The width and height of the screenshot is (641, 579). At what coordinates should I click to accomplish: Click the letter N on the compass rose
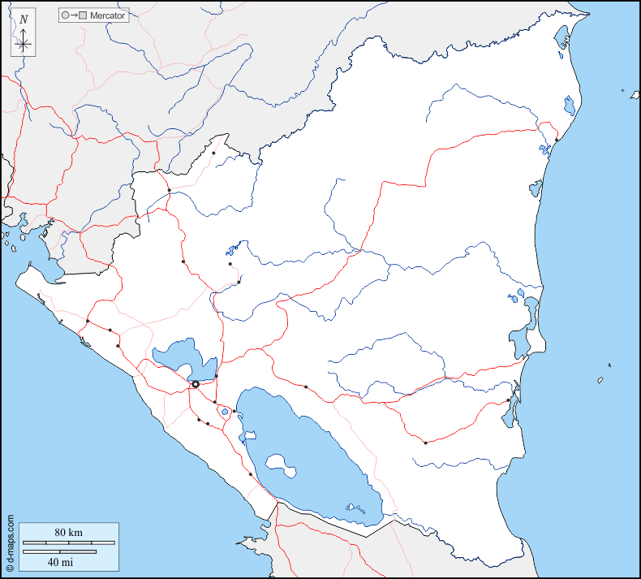24,19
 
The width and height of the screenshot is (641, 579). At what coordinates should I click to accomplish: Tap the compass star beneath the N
24,43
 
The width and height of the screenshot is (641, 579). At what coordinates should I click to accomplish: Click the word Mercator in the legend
109,15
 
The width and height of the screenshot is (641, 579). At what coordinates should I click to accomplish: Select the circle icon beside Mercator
65,15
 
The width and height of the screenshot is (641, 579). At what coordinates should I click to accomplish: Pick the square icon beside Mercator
83,15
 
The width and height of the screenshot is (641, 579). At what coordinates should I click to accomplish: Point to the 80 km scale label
68,532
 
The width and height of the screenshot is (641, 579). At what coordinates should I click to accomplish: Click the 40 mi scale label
59,561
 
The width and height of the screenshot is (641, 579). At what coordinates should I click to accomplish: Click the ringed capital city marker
195,384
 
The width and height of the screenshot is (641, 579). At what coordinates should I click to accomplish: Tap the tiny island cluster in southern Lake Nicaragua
355,509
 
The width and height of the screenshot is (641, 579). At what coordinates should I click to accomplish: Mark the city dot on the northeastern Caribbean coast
557,140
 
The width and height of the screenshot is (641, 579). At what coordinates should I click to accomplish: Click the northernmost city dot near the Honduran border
213,153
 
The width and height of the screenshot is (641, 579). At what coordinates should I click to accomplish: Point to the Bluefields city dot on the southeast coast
509,400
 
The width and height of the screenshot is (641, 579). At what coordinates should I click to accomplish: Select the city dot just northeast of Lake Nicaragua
306,387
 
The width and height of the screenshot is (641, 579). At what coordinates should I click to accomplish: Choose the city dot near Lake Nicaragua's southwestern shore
251,474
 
